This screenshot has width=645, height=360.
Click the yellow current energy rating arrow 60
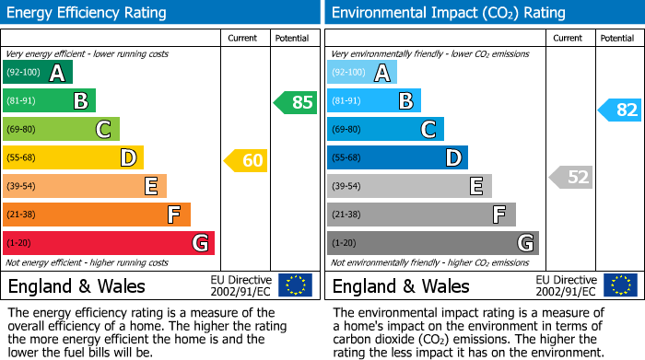point(246,161)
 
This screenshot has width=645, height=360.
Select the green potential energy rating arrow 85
point(296,102)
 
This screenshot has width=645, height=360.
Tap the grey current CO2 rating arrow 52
point(570,177)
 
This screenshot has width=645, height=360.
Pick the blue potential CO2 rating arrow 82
point(620,110)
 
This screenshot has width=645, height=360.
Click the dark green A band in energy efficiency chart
point(38,73)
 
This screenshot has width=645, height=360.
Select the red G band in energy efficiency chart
point(109,243)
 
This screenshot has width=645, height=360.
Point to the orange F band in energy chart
point(97,215)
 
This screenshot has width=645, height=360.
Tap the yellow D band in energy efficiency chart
point(73,157)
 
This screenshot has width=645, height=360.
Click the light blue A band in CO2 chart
point(362,73)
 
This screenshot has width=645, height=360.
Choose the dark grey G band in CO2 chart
point(432,243)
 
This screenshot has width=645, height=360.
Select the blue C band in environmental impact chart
point(385,130)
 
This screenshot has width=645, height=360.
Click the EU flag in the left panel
point(295,285)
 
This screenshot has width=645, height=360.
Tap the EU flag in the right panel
point(619,285)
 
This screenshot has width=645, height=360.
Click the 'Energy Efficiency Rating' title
point(88,13)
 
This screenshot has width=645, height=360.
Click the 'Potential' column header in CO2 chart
point(617,38)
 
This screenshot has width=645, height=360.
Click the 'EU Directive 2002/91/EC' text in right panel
point(566,285)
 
